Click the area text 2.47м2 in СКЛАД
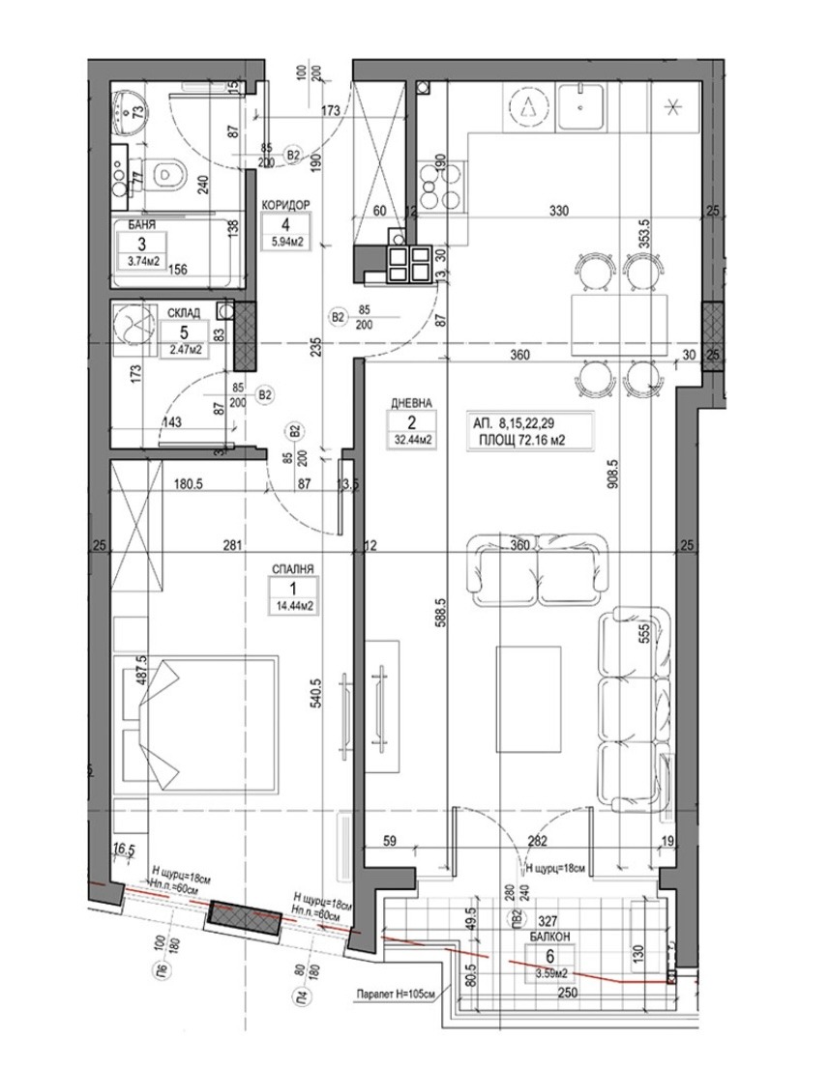coord(186,350)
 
